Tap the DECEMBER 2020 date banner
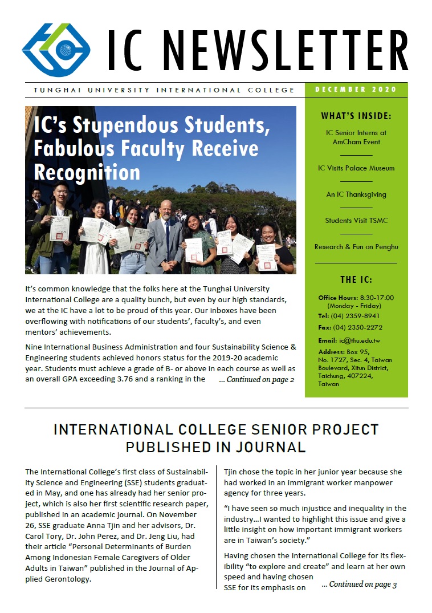point(356,90)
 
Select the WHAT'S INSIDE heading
point(356,116)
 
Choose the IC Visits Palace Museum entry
point(356,168)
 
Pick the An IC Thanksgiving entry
point(356,194)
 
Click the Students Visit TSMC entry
point(356,221)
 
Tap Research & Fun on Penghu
point(356,247)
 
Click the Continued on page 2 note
point(256,379)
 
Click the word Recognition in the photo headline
point(87,172)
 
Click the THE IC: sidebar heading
point(356,279)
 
